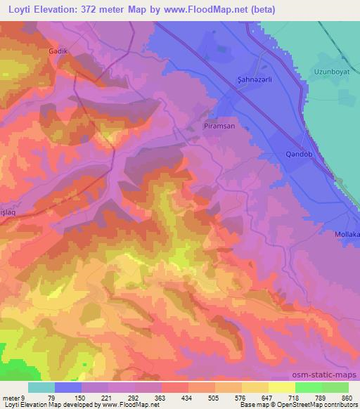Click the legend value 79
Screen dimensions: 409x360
(x=55, y=397)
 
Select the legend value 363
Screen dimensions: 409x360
(x=161, y=397)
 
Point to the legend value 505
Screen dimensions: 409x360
(x=215, y=397)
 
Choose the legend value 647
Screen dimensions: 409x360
(x=268, y=397)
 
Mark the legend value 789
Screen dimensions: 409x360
(x=321, y=397)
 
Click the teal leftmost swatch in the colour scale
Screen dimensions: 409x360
(x=41, y=387)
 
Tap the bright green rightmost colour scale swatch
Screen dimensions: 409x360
(x=335, y=387)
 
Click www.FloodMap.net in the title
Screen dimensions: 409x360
(x=215, y=9)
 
